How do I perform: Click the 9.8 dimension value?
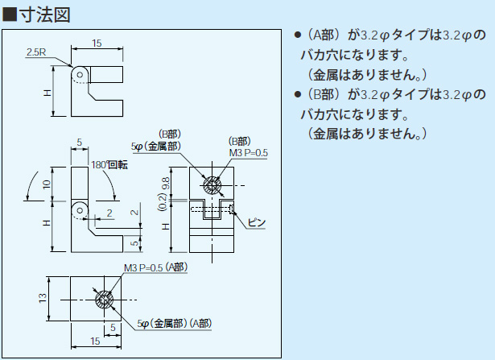(165, 184)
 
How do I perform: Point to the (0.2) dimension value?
(164, 207)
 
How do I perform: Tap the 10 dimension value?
(47, 184)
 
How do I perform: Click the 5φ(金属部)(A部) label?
(175, 323)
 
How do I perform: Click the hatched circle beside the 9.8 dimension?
(212, 186)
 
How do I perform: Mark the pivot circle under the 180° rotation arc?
(80, 210)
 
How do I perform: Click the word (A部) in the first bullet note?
(325, 36)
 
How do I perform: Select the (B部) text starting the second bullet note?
(325, 95)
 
